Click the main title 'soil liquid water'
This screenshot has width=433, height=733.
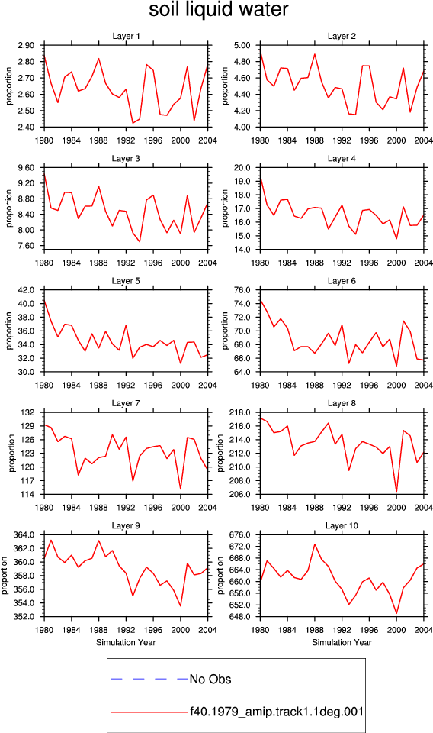218,10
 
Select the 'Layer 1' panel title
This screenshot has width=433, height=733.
126,36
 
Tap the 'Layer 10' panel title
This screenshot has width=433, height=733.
342,526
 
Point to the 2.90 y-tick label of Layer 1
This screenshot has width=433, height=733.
26,45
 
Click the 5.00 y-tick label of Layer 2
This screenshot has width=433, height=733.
242,45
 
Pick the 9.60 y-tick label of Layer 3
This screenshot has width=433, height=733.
26,168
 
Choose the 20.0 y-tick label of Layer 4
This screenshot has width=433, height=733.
242,168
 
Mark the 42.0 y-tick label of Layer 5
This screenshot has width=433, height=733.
26,290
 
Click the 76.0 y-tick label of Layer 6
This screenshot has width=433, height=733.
242,290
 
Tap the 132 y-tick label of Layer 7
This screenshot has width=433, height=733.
28,413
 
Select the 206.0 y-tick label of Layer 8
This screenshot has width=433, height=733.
240,495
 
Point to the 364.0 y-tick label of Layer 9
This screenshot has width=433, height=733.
24,534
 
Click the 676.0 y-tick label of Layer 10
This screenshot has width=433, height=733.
240,534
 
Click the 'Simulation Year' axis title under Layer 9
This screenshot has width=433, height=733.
126,642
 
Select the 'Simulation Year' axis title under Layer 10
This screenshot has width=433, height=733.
342,642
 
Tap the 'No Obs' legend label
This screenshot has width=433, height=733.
210,680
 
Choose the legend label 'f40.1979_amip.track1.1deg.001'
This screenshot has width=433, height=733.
277,712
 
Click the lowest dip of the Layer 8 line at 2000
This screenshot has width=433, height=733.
396,492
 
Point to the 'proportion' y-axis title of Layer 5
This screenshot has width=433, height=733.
9,331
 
